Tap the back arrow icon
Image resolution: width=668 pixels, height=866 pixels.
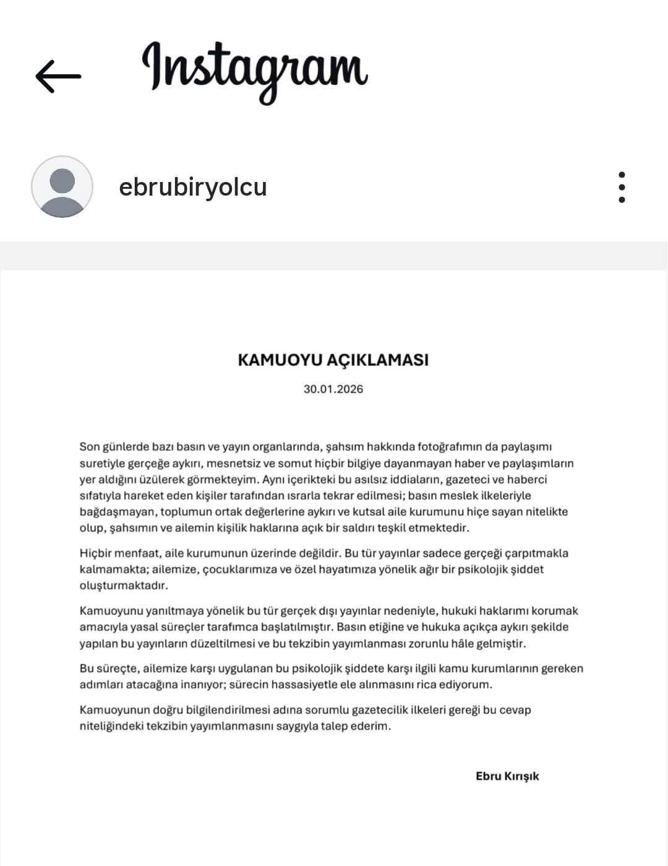tap(58, 77)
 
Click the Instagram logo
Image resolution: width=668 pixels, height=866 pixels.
tap(255, 71)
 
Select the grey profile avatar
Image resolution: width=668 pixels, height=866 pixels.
tap(62, 186)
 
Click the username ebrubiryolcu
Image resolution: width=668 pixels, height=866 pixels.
tap(192, 187)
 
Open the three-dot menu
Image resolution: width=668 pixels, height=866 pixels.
tap(622, 187)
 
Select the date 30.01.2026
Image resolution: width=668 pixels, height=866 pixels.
tap(333, 389)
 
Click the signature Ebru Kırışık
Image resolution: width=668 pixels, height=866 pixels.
tap(507, 776)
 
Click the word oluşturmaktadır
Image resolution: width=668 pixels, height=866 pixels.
tap(124, 586)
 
